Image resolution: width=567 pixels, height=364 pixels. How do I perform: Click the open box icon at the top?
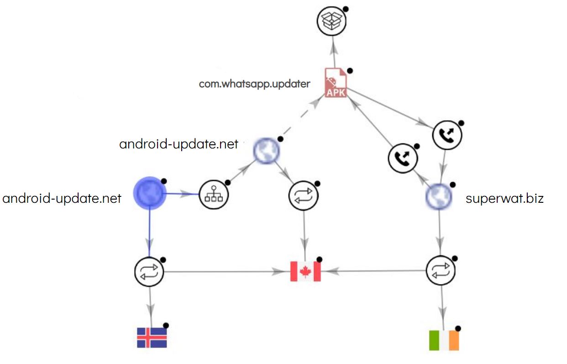(x=332, y=21)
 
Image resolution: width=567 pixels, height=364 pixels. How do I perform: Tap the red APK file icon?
(x=336, y=83)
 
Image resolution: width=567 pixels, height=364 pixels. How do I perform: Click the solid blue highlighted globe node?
(x=149, y=194)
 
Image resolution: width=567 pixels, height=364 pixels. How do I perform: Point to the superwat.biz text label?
(x=504, y=199)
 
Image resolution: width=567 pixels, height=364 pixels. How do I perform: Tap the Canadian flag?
(x=305, y=271)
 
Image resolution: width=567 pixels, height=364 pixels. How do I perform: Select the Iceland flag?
(x=152, y=338)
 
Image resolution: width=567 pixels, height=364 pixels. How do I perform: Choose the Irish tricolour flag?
(x=444, y=340)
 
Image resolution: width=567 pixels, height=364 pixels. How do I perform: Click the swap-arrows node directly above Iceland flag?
(x=149, y=272)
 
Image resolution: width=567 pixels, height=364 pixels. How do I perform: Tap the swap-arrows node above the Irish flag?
(x=441, y=270)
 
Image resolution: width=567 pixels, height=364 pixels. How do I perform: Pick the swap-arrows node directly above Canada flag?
(x=303, y=196)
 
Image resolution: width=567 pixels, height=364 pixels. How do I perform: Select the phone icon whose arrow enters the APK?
(x=402, y=158)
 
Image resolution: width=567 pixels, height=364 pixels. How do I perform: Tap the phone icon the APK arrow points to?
(x=447, y=136)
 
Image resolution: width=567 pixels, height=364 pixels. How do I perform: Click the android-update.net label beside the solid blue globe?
(x=62, y=199)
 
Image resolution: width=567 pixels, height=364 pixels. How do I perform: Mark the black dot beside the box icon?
(x=346, y=9)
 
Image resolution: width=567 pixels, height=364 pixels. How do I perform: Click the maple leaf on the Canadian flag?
(x=305, y=271)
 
